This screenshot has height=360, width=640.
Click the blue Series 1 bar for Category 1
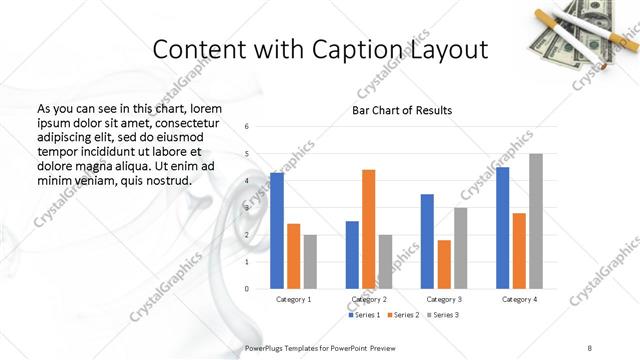coord(277,231)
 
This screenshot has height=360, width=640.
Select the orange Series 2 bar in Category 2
coord(368,229)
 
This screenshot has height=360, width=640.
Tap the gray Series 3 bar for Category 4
coord(535,221)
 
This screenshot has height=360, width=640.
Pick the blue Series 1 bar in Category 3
coord(427,241)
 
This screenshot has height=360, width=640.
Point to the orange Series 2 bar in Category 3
coord(444,264)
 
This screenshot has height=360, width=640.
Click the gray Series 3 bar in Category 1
coord(310,261)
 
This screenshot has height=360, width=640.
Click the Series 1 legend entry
coord(362,315)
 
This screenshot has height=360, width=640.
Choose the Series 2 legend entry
coord(401,315)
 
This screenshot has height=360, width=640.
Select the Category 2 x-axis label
coord(369,299)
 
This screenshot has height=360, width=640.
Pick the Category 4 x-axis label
coord(519,299)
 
